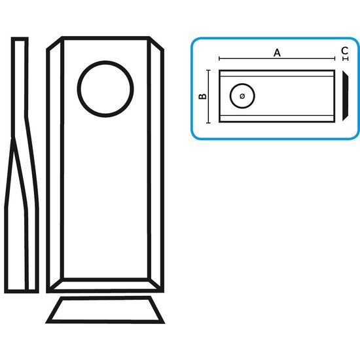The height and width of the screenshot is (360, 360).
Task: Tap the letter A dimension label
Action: tap(277, 53)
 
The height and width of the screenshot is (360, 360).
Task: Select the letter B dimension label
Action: tap(202, 96)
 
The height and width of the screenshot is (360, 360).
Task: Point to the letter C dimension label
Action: tap(344, 50)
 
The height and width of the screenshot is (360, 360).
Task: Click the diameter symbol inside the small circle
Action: tap(242, 96)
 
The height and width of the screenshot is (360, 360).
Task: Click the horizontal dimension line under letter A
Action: tap(277, 59)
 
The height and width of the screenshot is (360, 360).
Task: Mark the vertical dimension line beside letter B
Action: tap(208, 96)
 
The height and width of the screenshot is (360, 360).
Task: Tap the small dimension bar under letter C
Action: tap(346, 59)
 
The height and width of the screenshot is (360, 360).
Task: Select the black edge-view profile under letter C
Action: tap(345, 96)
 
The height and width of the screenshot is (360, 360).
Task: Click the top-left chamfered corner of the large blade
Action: tap(54, 43)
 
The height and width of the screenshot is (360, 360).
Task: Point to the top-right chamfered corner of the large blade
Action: tap(156, 43)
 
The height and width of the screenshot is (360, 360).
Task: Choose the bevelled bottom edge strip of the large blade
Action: tap(105, 285)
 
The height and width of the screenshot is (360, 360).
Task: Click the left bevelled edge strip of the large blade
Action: tap(55, 164)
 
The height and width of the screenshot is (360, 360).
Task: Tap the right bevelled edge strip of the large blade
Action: tap(156, 164)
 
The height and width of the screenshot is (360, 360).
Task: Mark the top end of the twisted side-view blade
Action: tap(20, 39)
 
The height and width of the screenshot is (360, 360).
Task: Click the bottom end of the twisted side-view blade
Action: tap(22, 291)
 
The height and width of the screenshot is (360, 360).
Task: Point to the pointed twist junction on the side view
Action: tap(13, 139)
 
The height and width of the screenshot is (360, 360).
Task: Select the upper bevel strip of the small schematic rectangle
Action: tap(277, 73)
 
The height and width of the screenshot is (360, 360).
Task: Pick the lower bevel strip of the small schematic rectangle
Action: tap(277, 118)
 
